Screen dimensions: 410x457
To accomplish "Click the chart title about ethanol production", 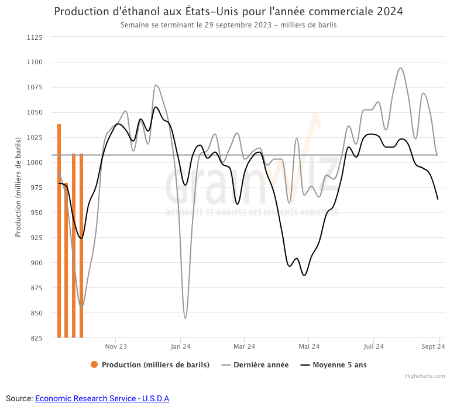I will click(228, 12).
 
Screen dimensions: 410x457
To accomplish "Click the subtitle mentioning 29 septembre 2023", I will click(228, 25).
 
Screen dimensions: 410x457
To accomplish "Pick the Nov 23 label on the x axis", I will click(116, 346).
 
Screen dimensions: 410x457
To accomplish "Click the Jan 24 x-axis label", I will click(180, 346).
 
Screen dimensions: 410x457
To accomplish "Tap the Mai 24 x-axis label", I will click(309, 346).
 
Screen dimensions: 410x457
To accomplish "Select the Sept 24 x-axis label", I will click(434, 346).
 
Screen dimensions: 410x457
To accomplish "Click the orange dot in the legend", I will click(94, 365).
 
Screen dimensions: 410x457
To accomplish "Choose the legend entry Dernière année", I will click(261, 365).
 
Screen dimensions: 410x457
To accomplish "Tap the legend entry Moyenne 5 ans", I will click(339, 365).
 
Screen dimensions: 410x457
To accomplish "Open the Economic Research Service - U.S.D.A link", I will click(102, 398).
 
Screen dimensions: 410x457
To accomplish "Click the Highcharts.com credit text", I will click(425, 376).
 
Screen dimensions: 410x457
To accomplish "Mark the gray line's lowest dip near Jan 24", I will click(185, 318).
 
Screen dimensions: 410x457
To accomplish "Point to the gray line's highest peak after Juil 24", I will click(400, 68).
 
